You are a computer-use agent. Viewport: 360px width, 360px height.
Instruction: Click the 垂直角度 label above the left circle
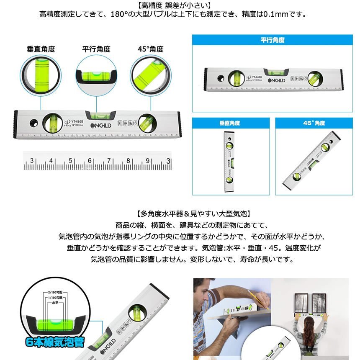coord(41,49)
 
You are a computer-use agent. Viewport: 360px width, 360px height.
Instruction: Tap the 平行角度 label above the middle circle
coord(96,49)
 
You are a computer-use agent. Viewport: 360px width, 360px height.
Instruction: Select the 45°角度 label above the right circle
coord(150,49)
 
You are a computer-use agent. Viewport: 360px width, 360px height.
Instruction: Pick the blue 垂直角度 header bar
coord(229,123)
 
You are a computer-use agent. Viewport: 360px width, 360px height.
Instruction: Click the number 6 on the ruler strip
coord(90,161)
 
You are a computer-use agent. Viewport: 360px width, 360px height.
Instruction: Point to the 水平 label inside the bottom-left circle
coord(54,302)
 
